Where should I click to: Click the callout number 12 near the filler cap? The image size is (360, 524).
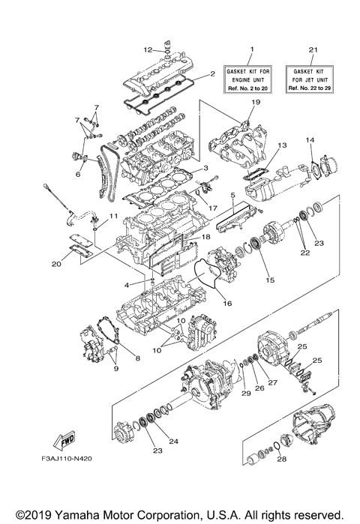point(148,50)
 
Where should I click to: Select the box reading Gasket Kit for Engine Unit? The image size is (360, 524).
point(251,78)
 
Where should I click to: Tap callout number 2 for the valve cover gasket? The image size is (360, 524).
point(213,73)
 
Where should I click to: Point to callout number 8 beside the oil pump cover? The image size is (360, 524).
point(137,358)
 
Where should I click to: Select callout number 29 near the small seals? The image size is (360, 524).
point(244,394)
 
